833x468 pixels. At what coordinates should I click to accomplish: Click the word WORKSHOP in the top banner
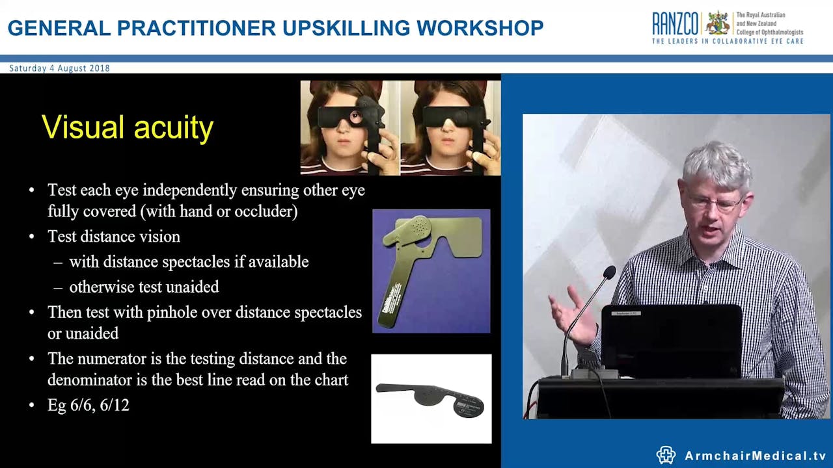480,28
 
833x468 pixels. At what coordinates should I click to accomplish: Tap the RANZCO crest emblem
718,23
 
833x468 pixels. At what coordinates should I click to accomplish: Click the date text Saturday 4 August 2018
59,68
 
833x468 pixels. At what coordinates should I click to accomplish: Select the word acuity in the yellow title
174,128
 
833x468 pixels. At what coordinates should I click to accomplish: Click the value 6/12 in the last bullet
115,405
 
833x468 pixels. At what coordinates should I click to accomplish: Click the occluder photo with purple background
431,271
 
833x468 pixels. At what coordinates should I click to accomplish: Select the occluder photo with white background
431,398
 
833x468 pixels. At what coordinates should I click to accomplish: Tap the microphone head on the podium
609,272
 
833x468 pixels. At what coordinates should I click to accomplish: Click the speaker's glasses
715,203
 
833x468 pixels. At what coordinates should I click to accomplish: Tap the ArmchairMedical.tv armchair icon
666,455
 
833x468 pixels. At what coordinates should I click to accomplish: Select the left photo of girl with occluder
349,127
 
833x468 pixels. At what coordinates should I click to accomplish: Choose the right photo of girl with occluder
450,127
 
